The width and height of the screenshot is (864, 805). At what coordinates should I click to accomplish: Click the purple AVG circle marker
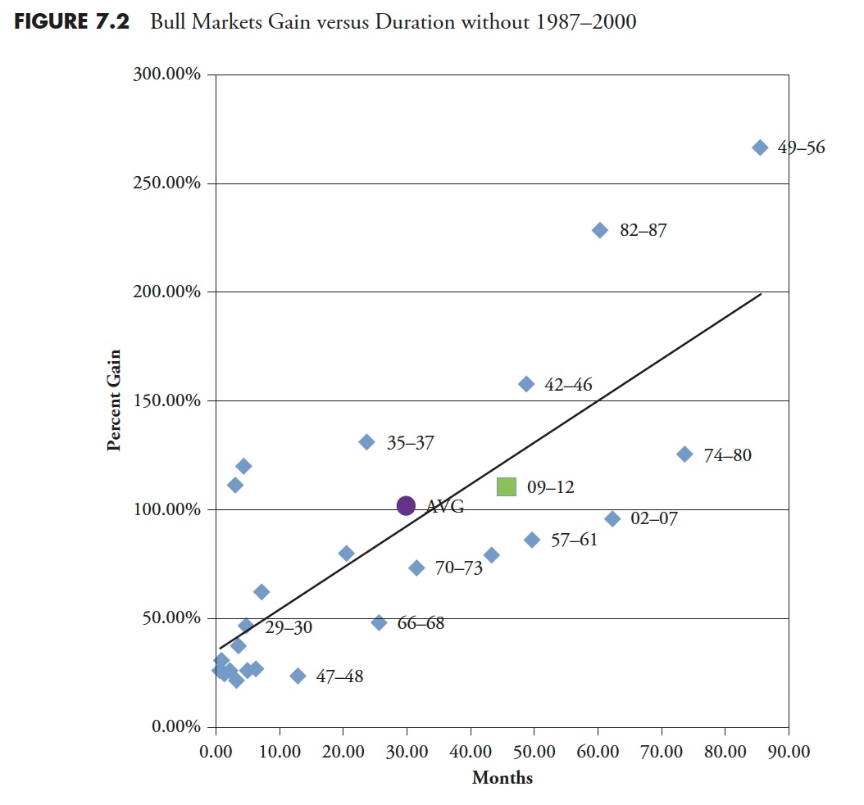click(x=406, y=506)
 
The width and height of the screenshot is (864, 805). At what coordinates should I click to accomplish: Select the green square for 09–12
click(x=507, y=486)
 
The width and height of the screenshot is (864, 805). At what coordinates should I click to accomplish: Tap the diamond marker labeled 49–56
click(x=760, y=147)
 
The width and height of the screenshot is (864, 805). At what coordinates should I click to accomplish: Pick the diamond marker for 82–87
click(x=600, y=230)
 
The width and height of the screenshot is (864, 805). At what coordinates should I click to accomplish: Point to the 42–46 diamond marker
click(x=526, y=384)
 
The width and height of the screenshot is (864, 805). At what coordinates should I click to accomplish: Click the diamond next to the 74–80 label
click(x=684, y=455)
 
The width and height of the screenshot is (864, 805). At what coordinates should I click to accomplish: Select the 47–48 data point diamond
click(x=298, y=676)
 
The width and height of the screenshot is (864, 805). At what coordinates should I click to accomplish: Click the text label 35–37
click(x=411, y=443)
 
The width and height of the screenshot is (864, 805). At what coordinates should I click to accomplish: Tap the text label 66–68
click(x=421, y=623)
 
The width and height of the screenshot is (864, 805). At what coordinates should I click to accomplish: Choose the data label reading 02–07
click(x=654, y=518)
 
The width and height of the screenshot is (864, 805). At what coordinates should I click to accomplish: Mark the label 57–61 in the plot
click(x=574, y=540)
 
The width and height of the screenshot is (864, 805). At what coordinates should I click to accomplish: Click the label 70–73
click(x=459, y=568)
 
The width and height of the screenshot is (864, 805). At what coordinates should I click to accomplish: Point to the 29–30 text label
click(x=289, y=627)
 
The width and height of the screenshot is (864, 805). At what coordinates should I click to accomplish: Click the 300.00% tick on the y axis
click(x=166, y=75)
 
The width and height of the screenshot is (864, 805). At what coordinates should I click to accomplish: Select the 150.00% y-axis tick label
click(x=166, y=400)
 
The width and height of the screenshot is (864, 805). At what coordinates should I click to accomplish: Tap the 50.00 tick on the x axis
click(x=534, y=750)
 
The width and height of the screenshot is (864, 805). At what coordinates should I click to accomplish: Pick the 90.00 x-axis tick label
click(x=789, y=750)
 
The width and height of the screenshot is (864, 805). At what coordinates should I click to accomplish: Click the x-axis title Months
click(x=502, y=778)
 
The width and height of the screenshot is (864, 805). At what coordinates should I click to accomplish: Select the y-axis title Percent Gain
click(x=115, y=400)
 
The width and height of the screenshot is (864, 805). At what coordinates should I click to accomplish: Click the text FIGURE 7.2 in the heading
click(x=70, y=21)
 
